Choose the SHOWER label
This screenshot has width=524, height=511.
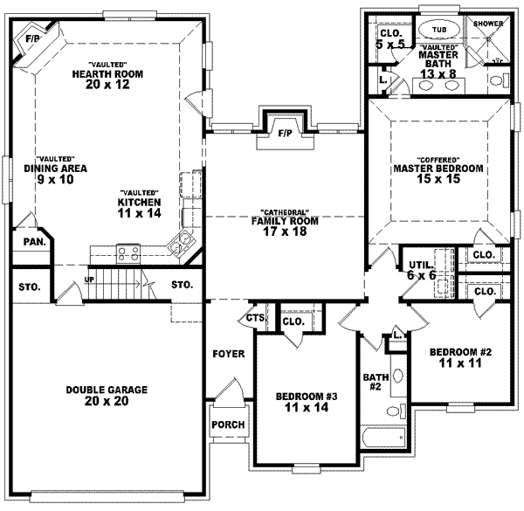pos(489,24)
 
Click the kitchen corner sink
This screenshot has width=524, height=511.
pos(183,243)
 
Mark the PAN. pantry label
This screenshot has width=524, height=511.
pos(34,241)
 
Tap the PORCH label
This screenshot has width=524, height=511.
pos(228,425)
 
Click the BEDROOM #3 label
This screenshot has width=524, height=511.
pos(307,400)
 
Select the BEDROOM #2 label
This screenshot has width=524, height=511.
pos(461,357)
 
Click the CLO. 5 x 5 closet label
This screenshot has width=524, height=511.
pos(389,38)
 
